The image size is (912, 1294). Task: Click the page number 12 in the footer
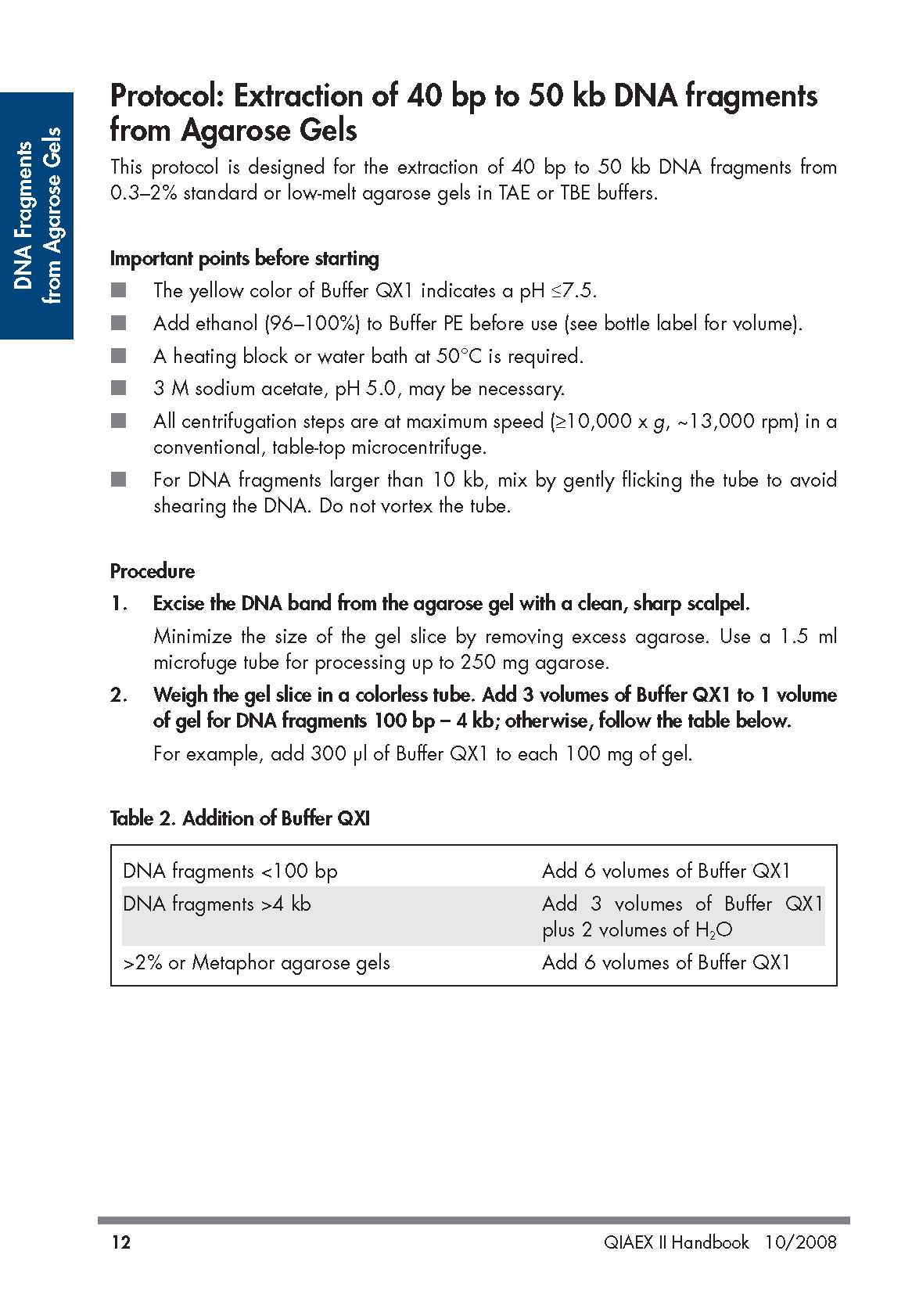click(x=121, y=1242)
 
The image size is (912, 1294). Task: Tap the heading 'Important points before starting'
click(x=244, y=259)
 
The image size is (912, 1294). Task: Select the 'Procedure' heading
click(x=153, y=571)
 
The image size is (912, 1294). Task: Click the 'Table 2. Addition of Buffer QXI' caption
click(x=240, y=818)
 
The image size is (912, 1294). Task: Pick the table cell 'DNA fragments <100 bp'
click(x=230, y=872)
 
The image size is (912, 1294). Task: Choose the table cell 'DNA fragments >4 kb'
click(x=217, y=904)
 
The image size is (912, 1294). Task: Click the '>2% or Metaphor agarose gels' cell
click(x=257, y=963)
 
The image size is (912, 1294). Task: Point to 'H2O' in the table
click(x=713, y=930)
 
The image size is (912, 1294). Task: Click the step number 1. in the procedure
click(x=119, y=604)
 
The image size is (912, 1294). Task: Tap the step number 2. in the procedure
click(x=119, y=696)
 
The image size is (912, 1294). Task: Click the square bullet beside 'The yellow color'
click(x=119, y=291)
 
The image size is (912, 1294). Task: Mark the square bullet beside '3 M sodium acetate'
click(x=119, y=388)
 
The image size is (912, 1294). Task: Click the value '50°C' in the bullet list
click(x=458, y=357)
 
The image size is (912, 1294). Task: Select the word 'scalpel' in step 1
click(x=717, y=604)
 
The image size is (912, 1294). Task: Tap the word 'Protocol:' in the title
click(x=167, y=96)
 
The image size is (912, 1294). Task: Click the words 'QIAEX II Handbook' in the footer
click(x=676, y=1242)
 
